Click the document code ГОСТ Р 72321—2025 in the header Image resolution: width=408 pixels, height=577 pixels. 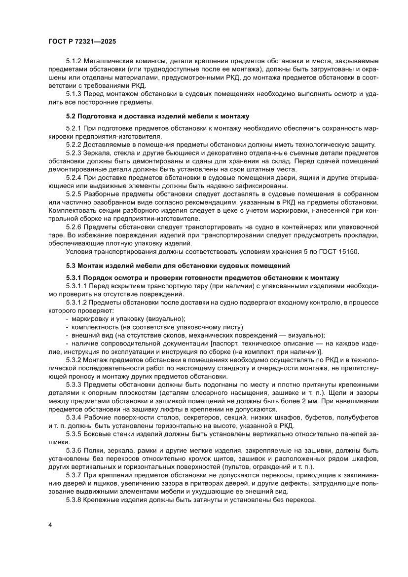tap(82, 42)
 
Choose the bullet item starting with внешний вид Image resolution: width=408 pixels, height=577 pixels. tap(195, 335)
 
